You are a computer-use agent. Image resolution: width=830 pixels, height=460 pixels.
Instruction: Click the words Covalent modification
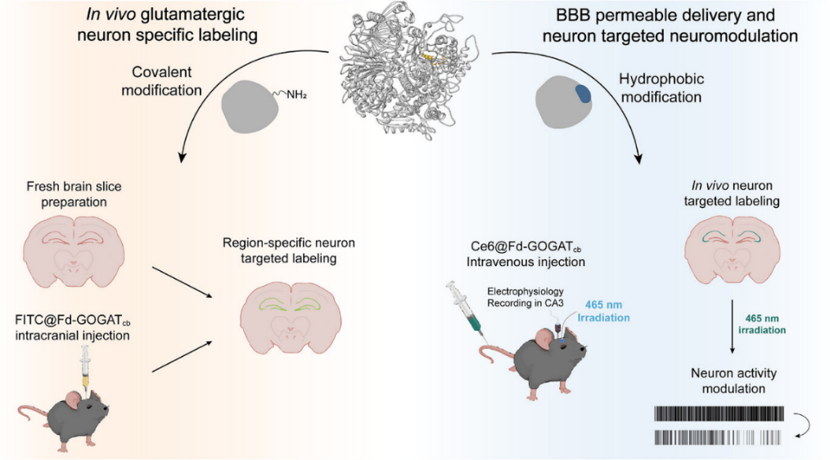(x=161, y=80)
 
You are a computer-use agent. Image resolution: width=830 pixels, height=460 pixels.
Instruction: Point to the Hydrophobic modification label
(x=661, y=88)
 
